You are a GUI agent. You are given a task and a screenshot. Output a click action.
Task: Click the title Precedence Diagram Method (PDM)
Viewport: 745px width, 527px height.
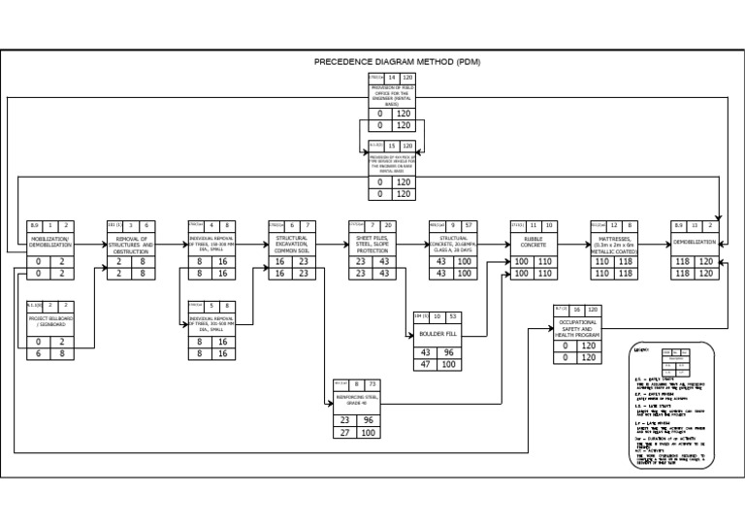(398, 62)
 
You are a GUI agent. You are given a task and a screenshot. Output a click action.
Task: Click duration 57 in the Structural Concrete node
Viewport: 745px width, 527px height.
(469, 225)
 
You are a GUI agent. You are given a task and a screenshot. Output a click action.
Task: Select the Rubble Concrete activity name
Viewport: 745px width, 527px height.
(533, 243)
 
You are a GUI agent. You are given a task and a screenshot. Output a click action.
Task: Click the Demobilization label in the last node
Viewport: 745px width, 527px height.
(694, 240)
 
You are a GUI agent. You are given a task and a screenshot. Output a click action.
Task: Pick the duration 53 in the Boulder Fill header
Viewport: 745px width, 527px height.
(452, 316)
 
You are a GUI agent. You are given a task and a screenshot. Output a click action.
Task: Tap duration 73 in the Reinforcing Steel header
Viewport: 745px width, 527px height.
(372, 383)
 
